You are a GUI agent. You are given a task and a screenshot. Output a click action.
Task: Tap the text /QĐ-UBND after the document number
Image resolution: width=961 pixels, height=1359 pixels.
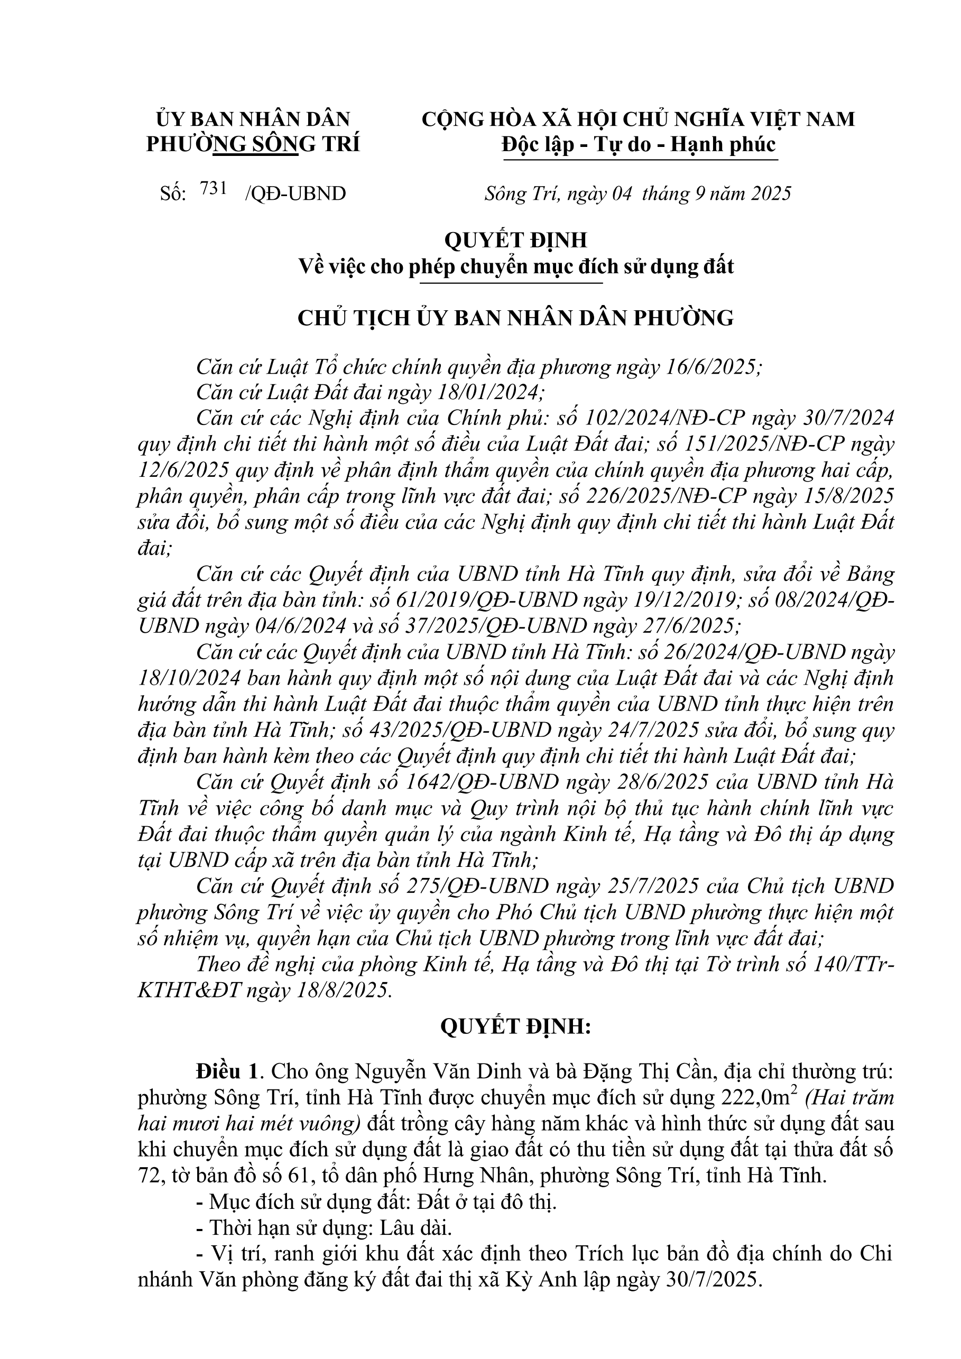(x=294, y=193)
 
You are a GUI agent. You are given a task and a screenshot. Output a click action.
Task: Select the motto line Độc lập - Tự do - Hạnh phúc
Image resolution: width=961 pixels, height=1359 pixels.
(x=638, y=144)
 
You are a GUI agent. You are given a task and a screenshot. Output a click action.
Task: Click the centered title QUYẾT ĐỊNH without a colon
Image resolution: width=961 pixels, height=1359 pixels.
(x=515, y=240)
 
